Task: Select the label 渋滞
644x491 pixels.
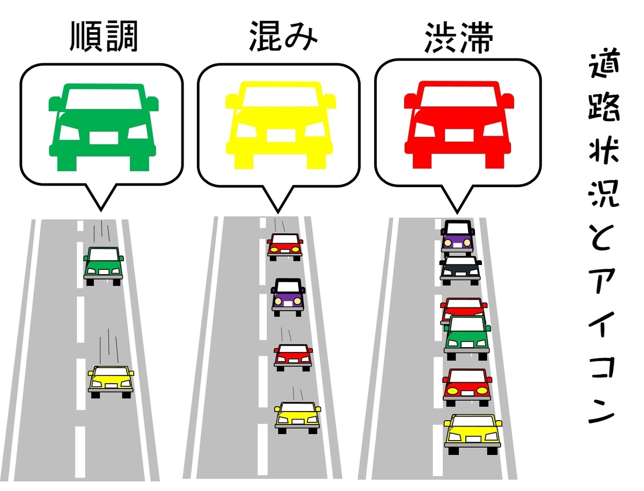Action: (458, 38)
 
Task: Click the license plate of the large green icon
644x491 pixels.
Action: (104, 138)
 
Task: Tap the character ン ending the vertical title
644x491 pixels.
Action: (603, 411)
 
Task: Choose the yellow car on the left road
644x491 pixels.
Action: (111, 381)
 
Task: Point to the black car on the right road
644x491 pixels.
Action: (460, 270)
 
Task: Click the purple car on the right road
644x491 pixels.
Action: (457, 237)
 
